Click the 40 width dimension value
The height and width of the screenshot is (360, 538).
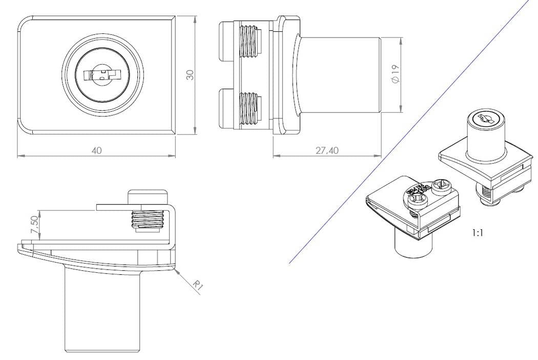click(96, 150)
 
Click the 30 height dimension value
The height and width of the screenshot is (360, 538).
click(190, 75)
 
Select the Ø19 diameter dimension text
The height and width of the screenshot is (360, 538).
click(395, 75)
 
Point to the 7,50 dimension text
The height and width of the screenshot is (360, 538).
click(34, 225)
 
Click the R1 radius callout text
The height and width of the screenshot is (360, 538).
click(198, 286)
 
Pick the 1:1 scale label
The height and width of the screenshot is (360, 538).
click(477, 232)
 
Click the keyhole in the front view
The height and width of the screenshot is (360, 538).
click(100, 75)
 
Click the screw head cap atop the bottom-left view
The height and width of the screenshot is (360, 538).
click(148, 196)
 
